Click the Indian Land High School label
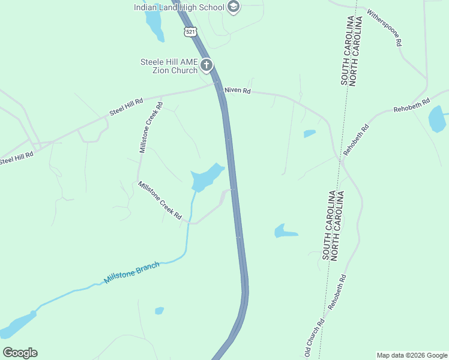(179, 7)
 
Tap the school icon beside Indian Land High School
(234, 7)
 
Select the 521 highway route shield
(190, 31)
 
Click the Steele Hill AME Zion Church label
(169, 66)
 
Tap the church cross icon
(206, 65)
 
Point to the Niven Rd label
(238, 91)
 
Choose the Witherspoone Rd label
(384, 28)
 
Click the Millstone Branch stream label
(132, 272)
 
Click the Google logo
(20, 353)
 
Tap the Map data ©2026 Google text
(412, 355)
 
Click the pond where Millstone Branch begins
(206, 177)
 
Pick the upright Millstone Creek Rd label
(151, 127)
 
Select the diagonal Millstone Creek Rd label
(160, 200)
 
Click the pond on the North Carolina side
(437, 119)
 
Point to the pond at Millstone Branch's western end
(17, 325)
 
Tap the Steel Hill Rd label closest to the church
(126, 106)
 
